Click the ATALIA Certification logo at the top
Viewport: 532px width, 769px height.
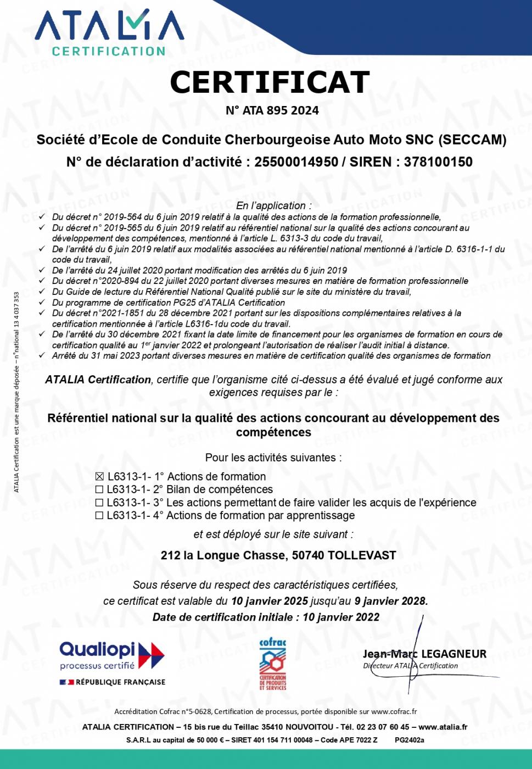click(x=109, y=33)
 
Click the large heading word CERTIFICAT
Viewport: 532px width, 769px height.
click(x=270, y=82)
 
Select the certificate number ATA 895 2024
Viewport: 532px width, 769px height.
click(x=281, y=110)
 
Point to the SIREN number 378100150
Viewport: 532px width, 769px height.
click(x=438, y=162)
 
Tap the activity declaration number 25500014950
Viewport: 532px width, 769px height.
click(x=296, y=162)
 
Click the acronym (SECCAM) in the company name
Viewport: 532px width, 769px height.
click(x=472, y=140)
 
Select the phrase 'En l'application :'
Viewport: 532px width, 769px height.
click(x=273, y=205)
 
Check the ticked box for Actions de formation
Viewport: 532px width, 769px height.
click(x=99, y=477)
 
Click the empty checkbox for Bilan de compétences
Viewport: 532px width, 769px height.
click(x=99, y=489)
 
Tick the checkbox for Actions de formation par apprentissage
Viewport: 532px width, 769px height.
click(x=99, y=516)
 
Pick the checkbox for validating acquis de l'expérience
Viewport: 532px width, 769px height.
click(x=99, y=503)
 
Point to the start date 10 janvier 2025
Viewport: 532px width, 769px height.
click(x=269, y=601)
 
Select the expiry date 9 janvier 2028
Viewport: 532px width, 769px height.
click(x=391, y=601)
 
